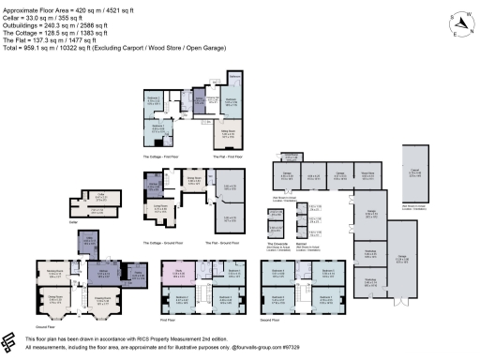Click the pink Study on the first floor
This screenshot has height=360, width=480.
click(180, 273)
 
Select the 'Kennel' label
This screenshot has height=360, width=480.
click(302, 242)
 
